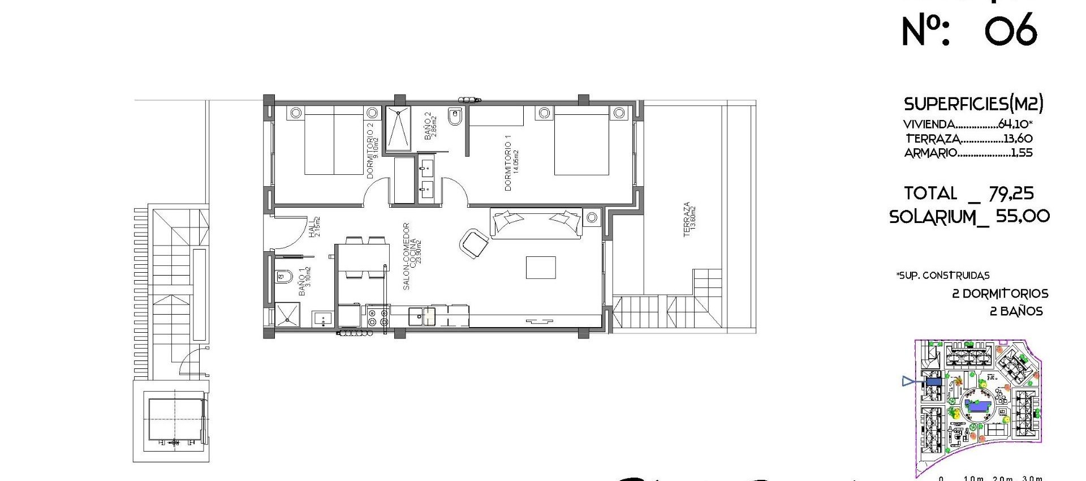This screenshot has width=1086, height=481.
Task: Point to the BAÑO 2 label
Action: point(430,126)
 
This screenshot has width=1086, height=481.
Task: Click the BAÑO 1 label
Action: point(304,281)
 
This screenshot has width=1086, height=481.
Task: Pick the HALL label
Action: point(314,226)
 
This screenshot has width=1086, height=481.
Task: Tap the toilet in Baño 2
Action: point(455,117)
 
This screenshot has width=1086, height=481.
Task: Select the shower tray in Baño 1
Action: point(287,315)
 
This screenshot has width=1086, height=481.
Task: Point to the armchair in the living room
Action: point(474,243)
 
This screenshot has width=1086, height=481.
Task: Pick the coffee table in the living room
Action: point(540,267)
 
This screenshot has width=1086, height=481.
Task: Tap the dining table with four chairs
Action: point(362,257)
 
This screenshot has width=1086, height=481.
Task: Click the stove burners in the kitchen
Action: point(377,317)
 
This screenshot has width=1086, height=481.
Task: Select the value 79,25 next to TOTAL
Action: point(1011,194)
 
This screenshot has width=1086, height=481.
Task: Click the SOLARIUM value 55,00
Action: point(1023,216)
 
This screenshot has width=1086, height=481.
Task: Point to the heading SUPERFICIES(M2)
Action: point(973,104)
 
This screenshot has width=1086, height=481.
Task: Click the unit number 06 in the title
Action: point(1011,31)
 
